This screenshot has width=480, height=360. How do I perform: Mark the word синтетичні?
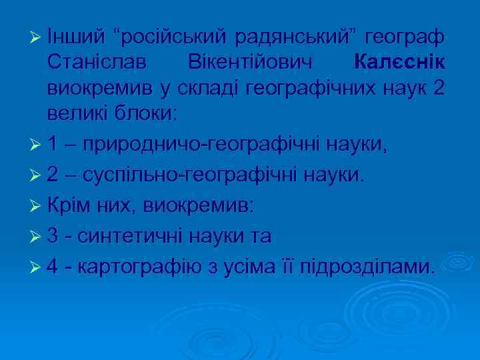[x=135, y=236]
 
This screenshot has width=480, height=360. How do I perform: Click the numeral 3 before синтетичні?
[x=54, y=236]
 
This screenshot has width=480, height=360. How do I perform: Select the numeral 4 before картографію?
[x=54, y=267]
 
